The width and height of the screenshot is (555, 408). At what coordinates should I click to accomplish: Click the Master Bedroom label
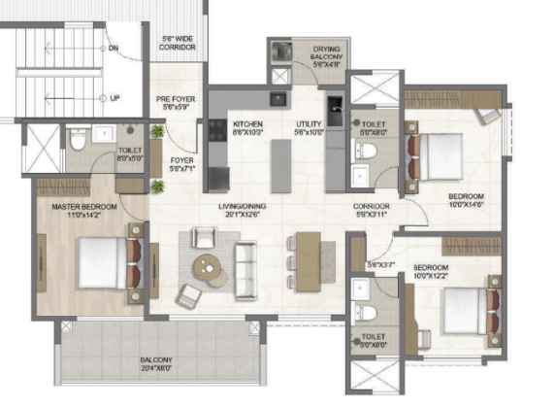pyautogui.click(x=84, y=209)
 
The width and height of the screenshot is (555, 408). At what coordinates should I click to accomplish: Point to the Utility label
pyautogui.click(x=310, y=126)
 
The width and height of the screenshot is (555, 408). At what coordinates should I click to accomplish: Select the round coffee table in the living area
pyautogui.click(x=207, y=264)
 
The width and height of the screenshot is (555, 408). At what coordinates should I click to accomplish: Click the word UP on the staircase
pyautogui.click(x=114, y=98)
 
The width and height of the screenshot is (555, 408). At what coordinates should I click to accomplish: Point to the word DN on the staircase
pyautogui.click(x=114, y=48)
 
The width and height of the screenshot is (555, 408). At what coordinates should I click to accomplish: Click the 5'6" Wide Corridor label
pyautogui.click(x=179, y=42)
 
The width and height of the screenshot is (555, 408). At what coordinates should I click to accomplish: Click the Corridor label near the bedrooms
pyautogui.click(x=372, y=208)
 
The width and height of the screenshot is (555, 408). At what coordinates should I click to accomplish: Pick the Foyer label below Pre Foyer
pyautogui.click(x=181, y=164)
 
